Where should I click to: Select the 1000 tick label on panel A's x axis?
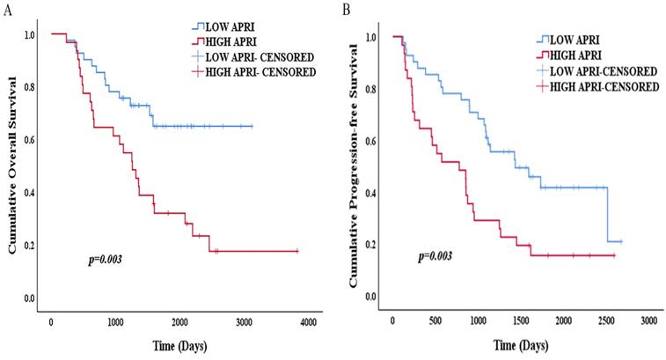click(x=115, y=326)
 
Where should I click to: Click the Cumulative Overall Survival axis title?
click(x=14, y=167)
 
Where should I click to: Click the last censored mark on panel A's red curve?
click(x=296, y=251)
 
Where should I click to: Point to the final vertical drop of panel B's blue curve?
click(x=607, y=214)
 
